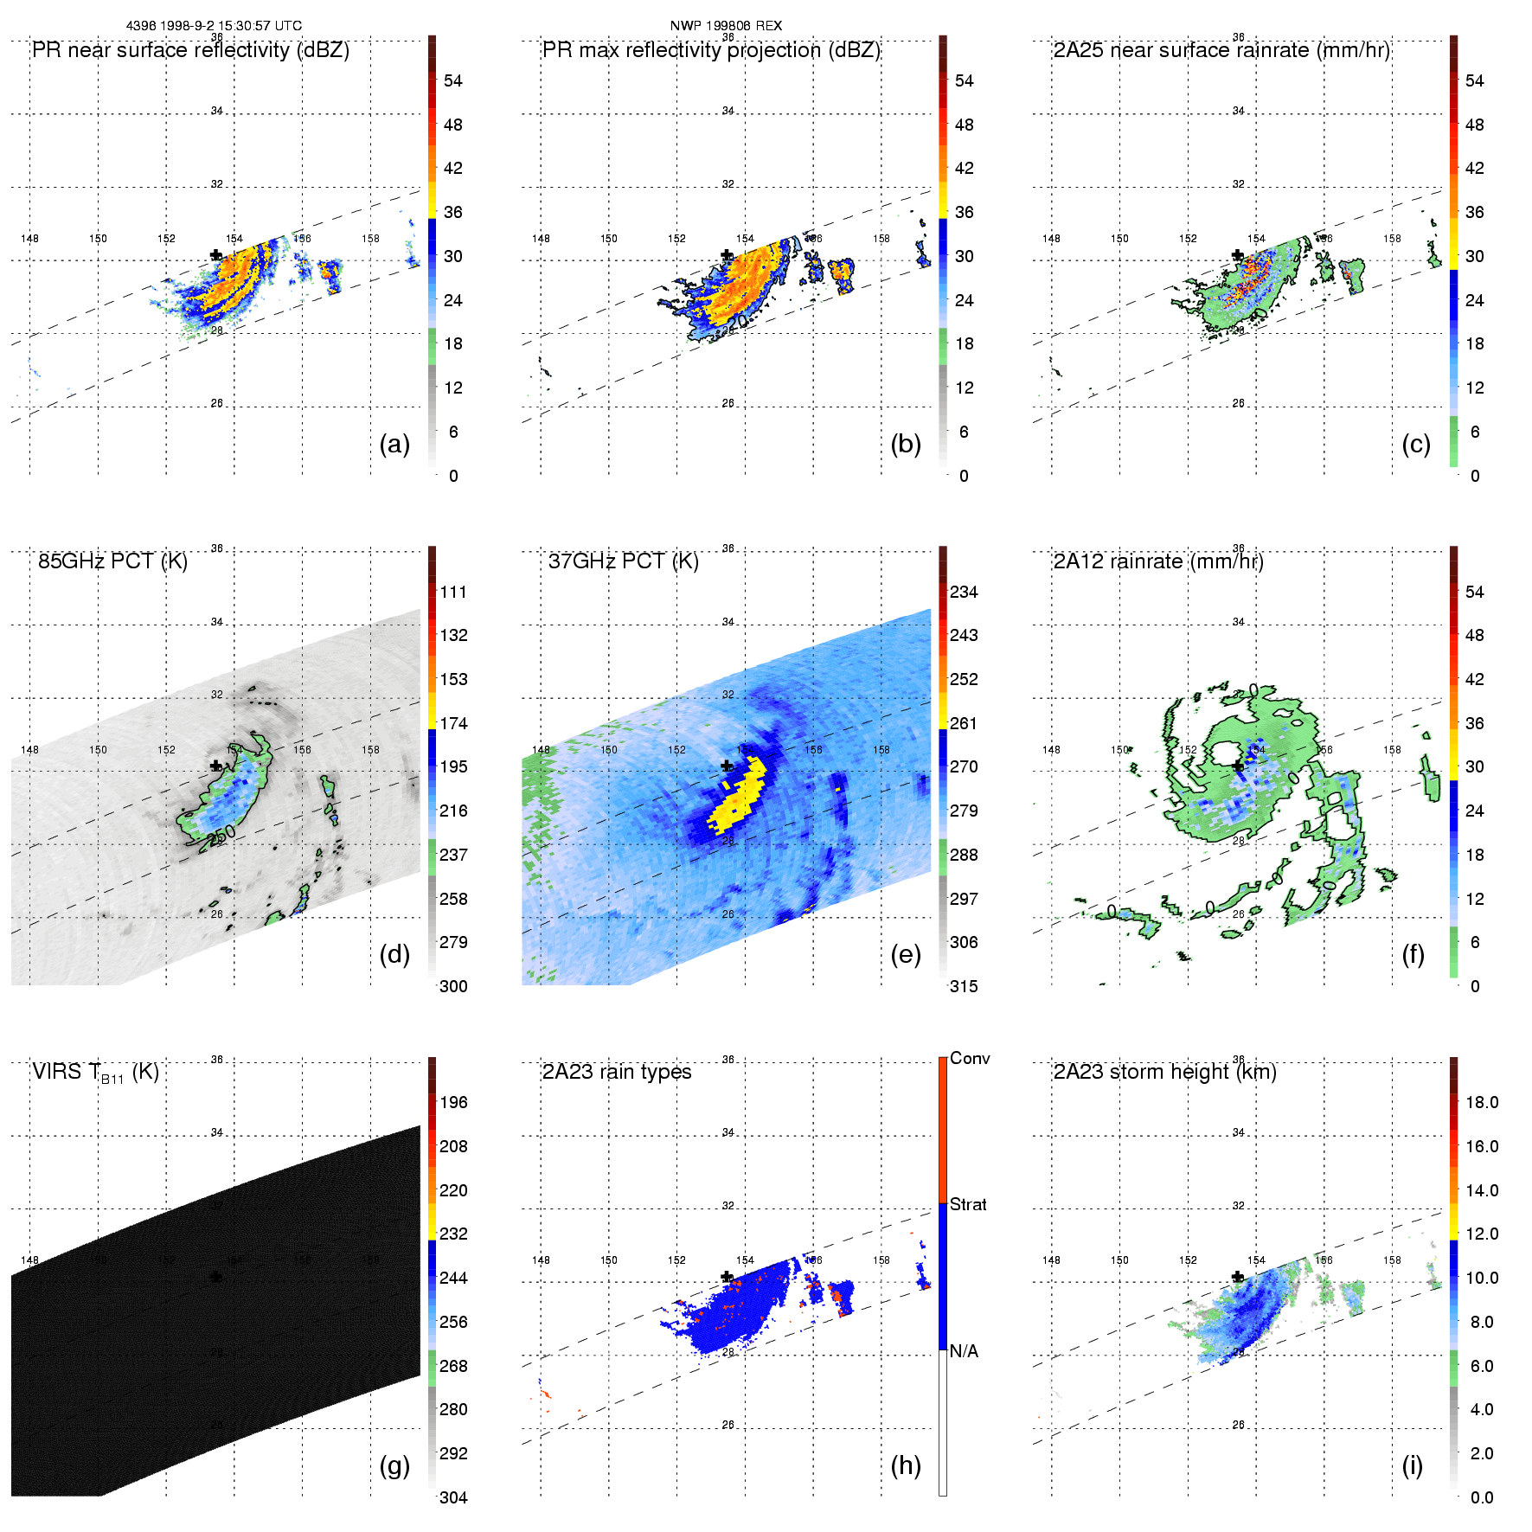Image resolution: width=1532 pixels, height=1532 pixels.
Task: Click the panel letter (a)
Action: pyautogui.click(x=394, y=444)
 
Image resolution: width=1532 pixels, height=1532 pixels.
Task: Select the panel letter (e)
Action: pyautogui.click(x=906, y=954)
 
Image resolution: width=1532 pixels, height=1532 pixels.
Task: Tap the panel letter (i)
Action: pyautogui.click(x=1412, y=1465)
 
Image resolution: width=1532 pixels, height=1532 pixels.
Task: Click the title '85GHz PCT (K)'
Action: pyautogui.click(x=112, y=561)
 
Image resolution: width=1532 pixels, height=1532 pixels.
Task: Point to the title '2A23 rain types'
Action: pyautogui.click(x=617, y=1072)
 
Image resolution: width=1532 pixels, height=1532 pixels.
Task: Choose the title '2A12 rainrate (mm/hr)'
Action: pyautogui.click(x=1158, y=561)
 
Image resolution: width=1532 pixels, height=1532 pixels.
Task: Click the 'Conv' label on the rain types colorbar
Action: pyautogui.click(x=970, y=1058)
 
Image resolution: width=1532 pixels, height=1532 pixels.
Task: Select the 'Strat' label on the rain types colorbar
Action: pyautogui.click(x=968, y=1204)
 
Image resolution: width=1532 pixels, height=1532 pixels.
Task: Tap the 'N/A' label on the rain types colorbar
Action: pyautogui.click(x=964, y=1351)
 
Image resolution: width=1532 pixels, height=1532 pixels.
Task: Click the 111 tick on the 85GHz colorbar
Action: pyautogui.click(x=453, y=592)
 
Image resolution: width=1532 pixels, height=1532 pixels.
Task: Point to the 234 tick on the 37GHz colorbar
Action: pyautogui.click(x=964, y=592)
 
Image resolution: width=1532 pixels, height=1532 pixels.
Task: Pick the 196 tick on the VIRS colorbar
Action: pyautogui.click(x=453, y=1102)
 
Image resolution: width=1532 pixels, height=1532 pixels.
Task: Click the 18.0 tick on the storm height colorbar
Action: pyautogui.click(x=1482, y=1102)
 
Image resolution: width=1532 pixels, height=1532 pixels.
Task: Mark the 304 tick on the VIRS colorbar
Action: pyautogui.click(x=453, y=1497)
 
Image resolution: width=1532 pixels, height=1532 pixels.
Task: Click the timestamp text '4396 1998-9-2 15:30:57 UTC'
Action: pyautogui.click(x=214, y=26)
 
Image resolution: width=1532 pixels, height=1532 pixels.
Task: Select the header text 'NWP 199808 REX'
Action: pyautogui.click(x=726, y=26)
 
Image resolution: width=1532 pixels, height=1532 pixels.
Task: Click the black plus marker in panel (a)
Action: pyautogui.click(x=216, y=255)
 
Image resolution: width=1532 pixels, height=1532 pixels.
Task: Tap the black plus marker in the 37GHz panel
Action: pyautogui.click(x=728, y=766)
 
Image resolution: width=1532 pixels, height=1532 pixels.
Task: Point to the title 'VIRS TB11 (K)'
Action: pyautogui.click(x=95, y=1073)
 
